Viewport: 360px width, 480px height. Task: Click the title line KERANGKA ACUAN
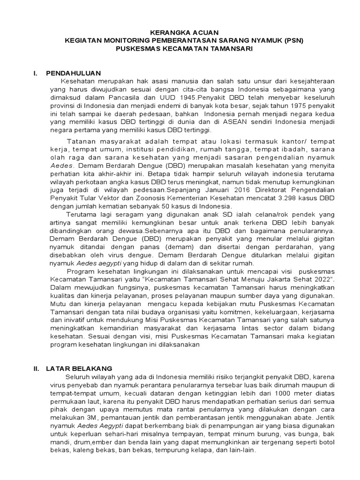coord(180,33)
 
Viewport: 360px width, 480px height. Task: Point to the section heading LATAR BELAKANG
coord(79,368)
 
